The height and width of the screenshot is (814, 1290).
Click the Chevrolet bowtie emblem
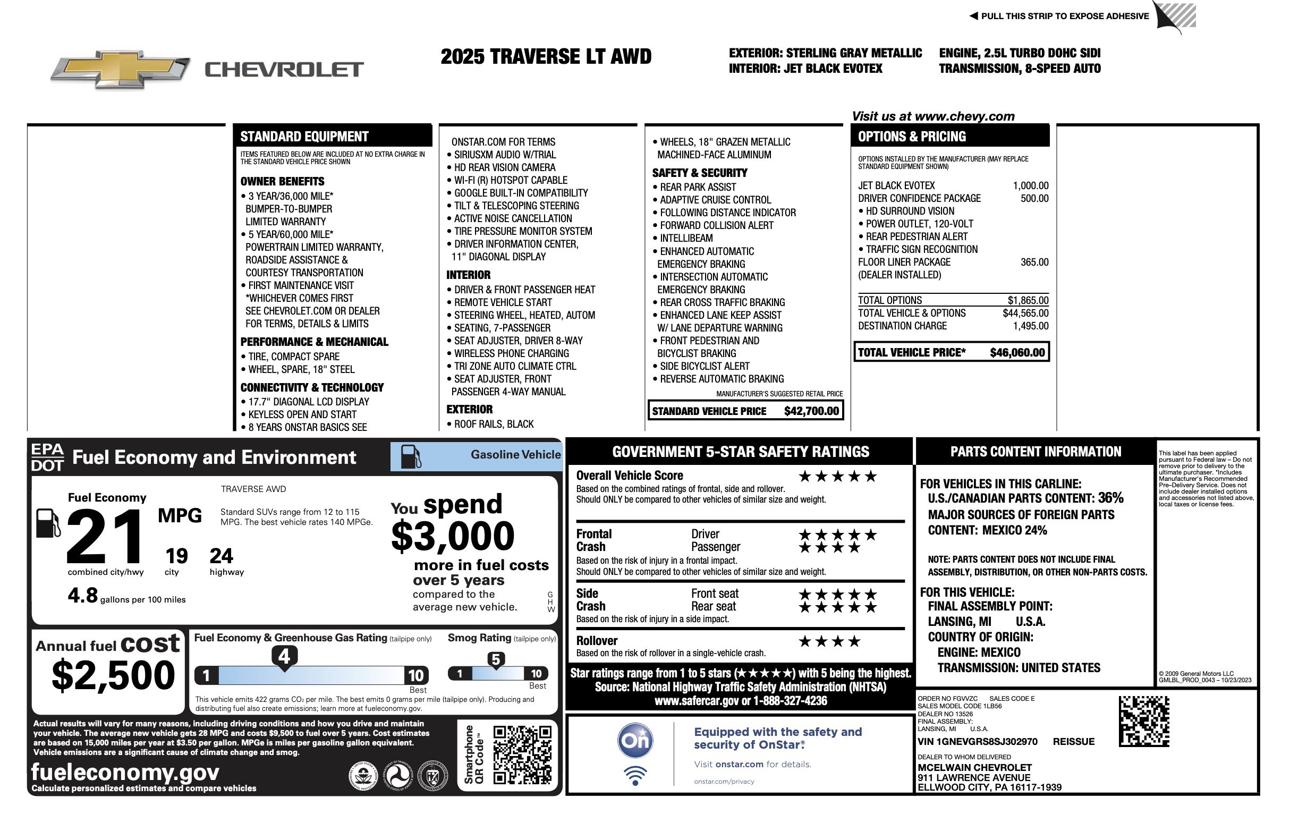[x=120, y=69]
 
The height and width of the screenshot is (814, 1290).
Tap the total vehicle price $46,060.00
[x=1017, y=353]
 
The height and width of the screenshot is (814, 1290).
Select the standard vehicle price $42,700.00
[x=811, y=411]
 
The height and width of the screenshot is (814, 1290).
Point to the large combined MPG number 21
[x=105, y=537]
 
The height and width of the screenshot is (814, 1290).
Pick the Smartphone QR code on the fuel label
[x=522, y=754]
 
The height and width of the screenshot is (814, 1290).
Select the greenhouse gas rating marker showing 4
[x=284, y=656]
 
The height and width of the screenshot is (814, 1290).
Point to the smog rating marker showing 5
[x=496, y=660]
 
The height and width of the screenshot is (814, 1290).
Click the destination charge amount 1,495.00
[x=1030, y=326]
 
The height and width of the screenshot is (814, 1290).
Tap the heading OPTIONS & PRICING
[x=912, y=137]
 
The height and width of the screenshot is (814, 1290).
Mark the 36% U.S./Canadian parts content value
[x=1110, y=498]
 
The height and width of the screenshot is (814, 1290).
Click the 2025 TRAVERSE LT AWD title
[x=545, y=57]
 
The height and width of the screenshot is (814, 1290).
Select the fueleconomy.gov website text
[x=125, y=772]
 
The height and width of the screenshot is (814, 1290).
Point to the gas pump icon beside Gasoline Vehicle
[x=410, y=456]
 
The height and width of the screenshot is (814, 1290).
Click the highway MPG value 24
[x=221, y=556]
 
